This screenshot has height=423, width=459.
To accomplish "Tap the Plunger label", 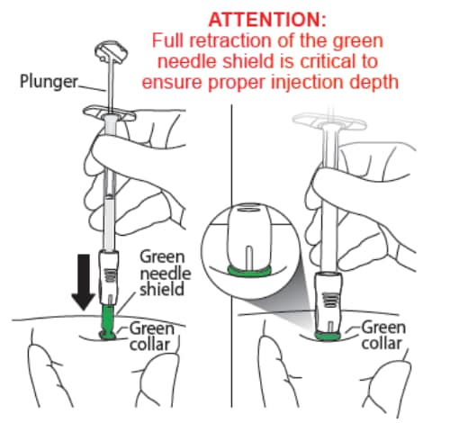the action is click(x=49, y=81).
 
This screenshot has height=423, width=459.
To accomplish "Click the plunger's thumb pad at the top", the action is click(x=111, y=51).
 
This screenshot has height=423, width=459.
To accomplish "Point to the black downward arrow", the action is click(x=84, y=282).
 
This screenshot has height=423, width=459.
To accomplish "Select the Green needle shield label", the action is click(x=166, y=274).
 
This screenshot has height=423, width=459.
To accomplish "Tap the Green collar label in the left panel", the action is click(x=151, y=337).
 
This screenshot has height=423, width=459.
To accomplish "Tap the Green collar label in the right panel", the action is click(x=383, y=335).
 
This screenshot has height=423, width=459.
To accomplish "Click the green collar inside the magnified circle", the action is click(x=249, y=271).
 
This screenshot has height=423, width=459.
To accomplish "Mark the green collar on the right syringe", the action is click(x=328, y=336).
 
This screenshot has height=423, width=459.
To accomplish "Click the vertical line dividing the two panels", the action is click(x=231, y=256).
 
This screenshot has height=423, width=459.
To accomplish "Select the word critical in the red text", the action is click(x=326, y=61).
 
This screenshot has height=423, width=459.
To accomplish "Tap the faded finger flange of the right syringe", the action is click(x=329, y=123).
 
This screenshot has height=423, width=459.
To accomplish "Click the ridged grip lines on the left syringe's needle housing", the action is click(x=111, y=275).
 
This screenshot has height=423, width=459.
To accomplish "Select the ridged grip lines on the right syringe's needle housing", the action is click(x=330, y=299).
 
